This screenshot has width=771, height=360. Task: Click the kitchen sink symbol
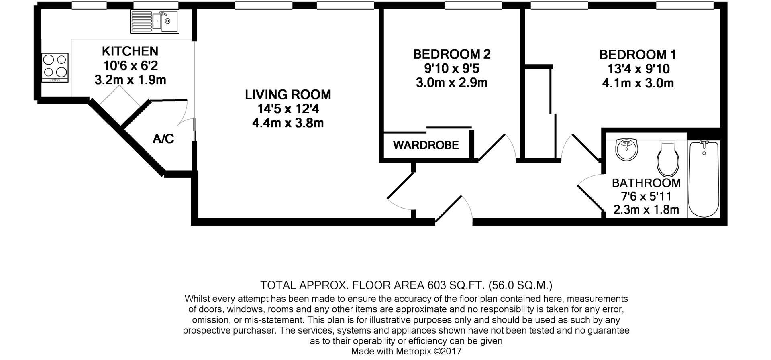(x=155, y=22)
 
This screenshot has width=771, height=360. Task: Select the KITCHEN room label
(x=130, y=51)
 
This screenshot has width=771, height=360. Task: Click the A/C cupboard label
(x=163, y=139)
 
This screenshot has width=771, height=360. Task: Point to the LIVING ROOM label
(x=288, y=95)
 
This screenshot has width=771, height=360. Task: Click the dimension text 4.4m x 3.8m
(x=288, y=123)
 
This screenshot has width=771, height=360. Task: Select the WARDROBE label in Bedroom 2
(x=426, y=145)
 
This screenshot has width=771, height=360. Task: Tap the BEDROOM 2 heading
(x=452, y=54)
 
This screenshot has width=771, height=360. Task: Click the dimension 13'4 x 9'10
(x=638, y=69)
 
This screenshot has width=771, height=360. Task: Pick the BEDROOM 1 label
(x=638, y=55)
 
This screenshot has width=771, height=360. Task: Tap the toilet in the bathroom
(x=668, y=159)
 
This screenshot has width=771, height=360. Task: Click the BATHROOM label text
(x=646, y=183)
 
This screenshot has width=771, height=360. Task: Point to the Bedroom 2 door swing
(x=498, y=146)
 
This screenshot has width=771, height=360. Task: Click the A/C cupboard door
(x=186, y=111)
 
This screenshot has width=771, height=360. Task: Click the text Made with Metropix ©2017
(x=406, y=352)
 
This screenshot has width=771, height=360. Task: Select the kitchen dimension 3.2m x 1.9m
(x=130, y=80)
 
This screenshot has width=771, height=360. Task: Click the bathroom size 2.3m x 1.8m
(x=646, y=209)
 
